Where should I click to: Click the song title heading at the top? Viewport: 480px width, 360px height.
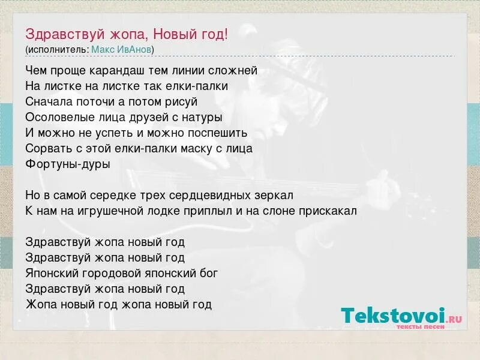(x=127, y=34)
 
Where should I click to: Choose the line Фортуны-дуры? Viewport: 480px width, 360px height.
(x=68, y=164)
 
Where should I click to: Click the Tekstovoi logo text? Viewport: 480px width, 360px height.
(x=393, y=316)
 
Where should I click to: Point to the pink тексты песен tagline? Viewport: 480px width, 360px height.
(x=420, y=327)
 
